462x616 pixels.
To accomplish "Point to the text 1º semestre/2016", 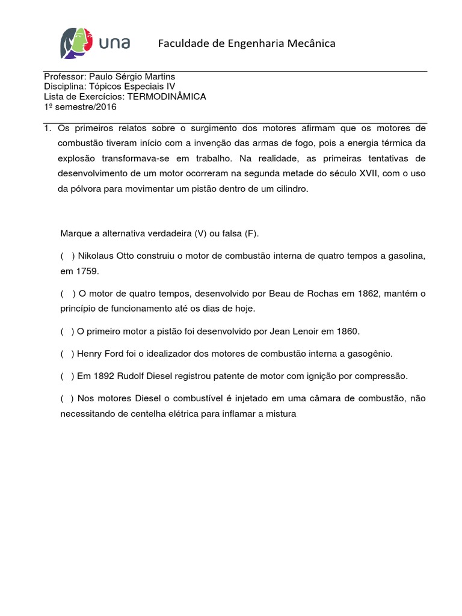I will (80, 106).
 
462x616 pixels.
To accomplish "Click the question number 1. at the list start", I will (48, 129).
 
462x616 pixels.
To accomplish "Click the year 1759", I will (87, 271).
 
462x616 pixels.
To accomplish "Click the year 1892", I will (104, 377).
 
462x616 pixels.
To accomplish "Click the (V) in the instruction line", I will (201, 233).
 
